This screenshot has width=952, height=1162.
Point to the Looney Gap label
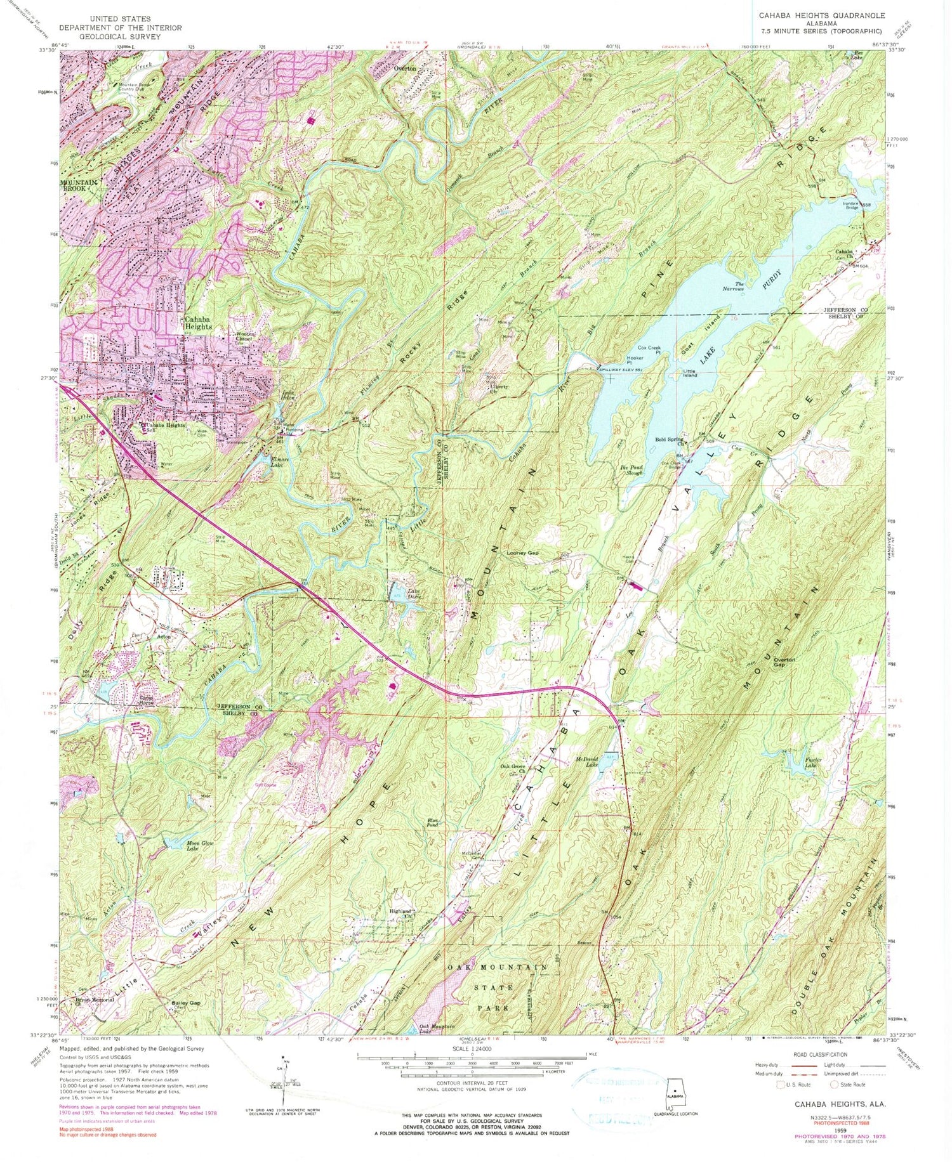(522, 553)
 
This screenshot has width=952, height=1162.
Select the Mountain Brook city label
(79, 185)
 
